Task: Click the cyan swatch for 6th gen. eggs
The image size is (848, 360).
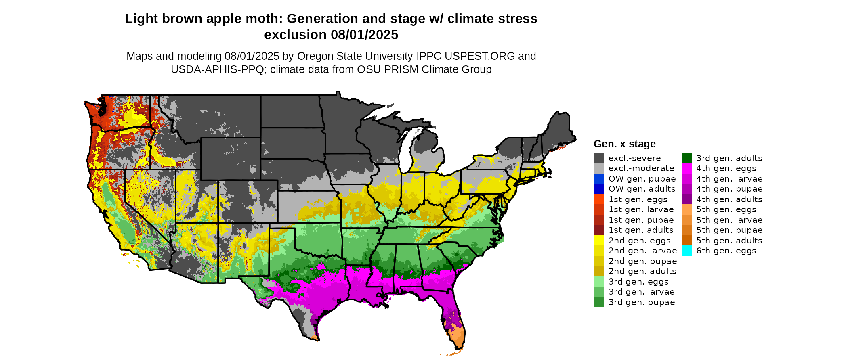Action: pyautogui.click(x=686, y=251)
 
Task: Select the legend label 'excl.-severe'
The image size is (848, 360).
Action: pyautogui.click(x=634, y=158)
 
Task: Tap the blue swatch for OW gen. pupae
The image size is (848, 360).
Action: pyautogui.click(x=599, y=179)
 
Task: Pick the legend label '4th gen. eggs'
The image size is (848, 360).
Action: pyautogui.click(x=726, y=168)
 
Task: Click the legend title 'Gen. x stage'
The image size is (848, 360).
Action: pyautogui.click(x=624, y=144)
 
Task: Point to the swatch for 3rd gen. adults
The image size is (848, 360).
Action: pyautogui.click(x=686, y=158)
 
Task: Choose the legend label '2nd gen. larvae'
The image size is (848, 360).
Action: pyautogui.click(x=642, y=251)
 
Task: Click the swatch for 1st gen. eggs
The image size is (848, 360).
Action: pyautogui.click(x=599, y=199)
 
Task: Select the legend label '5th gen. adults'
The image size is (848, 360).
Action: pyautogui.click(x=729, y=241)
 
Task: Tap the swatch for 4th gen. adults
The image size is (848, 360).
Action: pyautogui.click(x=686, y=199)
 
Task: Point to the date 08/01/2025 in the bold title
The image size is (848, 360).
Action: pyautogui.click(x=364, y=35)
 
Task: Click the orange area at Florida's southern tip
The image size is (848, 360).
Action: pyautogui.click(x=458, y=337)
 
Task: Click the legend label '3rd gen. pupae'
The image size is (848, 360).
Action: pyautogui.click(x=642, y=302)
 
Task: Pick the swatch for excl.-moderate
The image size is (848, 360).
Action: pyautogui.click(x=599, y=168)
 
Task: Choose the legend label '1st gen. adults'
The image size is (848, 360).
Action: pyautogui.click(x=641, y=230)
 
